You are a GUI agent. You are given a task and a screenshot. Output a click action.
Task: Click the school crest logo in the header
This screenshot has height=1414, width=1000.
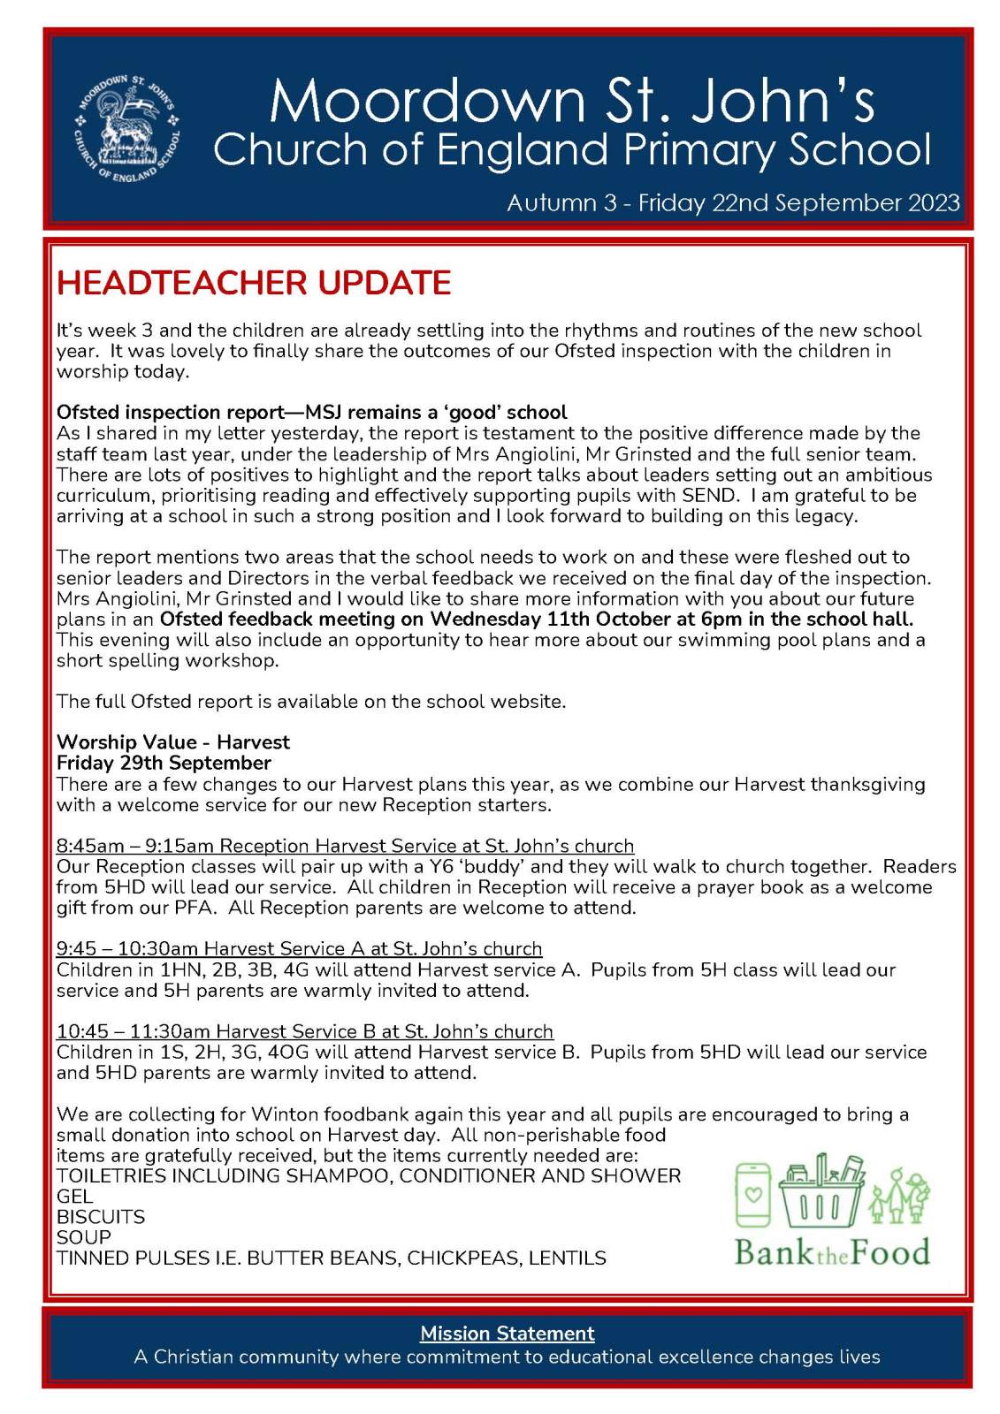click(x=126, y=129)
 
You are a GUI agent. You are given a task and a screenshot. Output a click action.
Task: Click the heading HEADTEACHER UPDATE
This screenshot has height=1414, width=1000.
click(x=254, y=283)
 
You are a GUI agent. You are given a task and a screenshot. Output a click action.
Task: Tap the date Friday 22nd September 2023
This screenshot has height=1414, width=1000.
click(x=798, y=202)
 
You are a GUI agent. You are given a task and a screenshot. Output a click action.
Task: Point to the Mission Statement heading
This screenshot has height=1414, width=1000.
click(x=507, y=1333)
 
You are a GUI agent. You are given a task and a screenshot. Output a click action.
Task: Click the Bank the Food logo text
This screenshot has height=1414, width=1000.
click(x=832, y=1252)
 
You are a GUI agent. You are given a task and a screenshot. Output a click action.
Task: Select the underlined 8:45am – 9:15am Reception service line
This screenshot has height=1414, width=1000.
click(x=345, y=846)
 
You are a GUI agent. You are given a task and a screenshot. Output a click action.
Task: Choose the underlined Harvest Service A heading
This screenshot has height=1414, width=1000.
click(x=299, y=948)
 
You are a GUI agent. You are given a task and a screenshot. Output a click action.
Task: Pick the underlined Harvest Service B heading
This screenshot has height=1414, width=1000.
click(x=305, y=1031)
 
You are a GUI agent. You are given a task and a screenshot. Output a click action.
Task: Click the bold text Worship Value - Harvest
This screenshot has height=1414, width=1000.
click(x=173, y=742)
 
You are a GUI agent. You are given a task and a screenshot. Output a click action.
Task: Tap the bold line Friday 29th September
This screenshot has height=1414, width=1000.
click(x=164, y=763)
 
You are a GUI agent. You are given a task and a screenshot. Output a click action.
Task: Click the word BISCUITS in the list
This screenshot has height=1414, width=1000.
click(x=101, y=1217)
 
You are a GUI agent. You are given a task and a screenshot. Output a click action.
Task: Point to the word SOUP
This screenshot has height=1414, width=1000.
click(x=84, y=1237)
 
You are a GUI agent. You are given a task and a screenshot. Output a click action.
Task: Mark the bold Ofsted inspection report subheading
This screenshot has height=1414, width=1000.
click(x=311, y=412)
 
